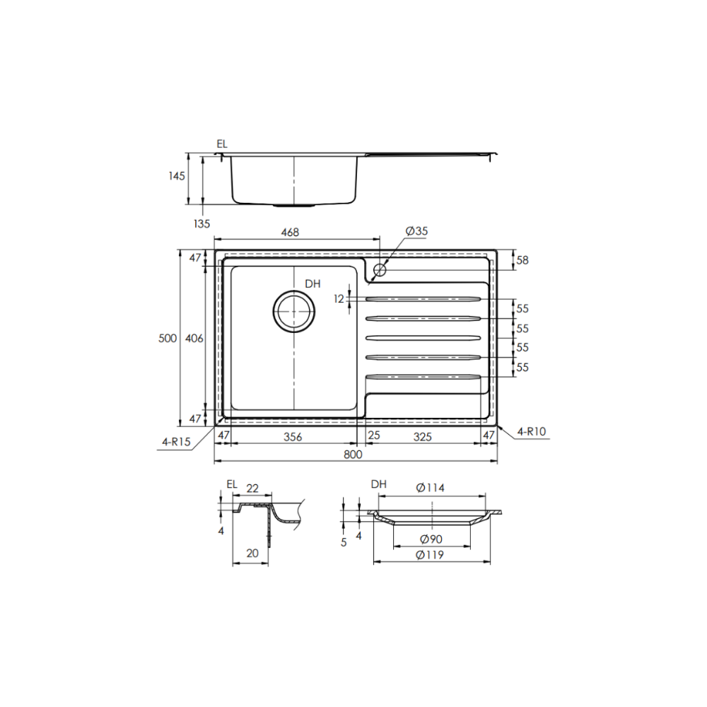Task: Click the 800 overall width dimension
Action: pos(353,454)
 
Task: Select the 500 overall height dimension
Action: pos(168,338)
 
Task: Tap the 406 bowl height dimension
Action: pos(194,338)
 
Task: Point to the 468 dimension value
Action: pos(290,232)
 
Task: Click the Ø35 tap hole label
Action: pos(416,231)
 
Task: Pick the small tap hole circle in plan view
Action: pos(380,270)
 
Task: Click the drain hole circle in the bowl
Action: pos(294,311)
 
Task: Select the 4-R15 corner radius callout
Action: pos(176,442)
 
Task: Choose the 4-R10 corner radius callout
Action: pos(532,431)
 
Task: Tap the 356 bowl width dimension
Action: pos(293,437)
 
